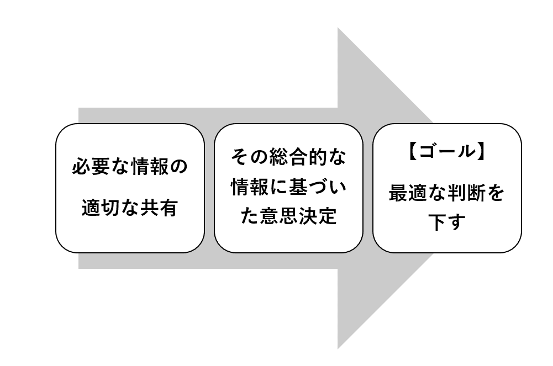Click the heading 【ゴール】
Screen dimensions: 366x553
447,151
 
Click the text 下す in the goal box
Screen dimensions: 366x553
447,223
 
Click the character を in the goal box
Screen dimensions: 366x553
496,194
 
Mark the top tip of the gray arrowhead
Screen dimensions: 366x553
338,29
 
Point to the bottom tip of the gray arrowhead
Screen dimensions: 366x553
338,348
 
